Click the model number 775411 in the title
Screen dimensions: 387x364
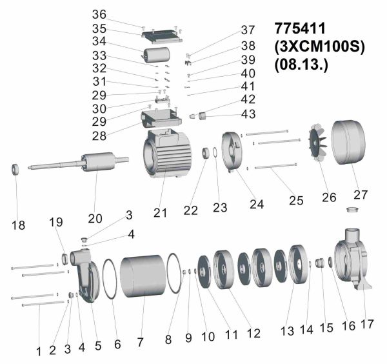click(x=300, y=28)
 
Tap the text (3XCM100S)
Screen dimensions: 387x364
click(x=319, y=46)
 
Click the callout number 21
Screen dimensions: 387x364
click(x=160, y=212)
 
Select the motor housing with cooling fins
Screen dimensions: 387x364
click(x=167, y=154)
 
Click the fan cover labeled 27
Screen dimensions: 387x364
click(x=348, y=142)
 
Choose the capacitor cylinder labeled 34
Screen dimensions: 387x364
click(x=156, y=55)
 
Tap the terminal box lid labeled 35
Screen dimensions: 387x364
click(x=162, y=37)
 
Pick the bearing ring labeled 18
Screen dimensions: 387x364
click(x=15, y=169)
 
